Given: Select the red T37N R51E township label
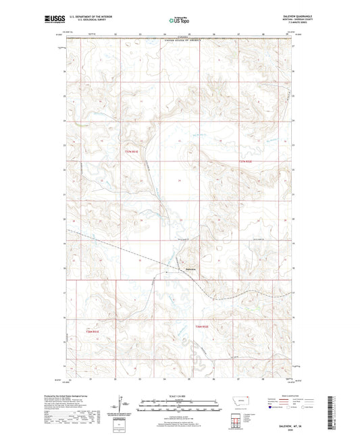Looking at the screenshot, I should (x=134, y=152).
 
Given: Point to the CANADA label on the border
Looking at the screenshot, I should (x=180, y=37).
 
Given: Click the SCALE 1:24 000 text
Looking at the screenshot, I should (x=178, y=396).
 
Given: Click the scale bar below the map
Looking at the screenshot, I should (x=178, y=407).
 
